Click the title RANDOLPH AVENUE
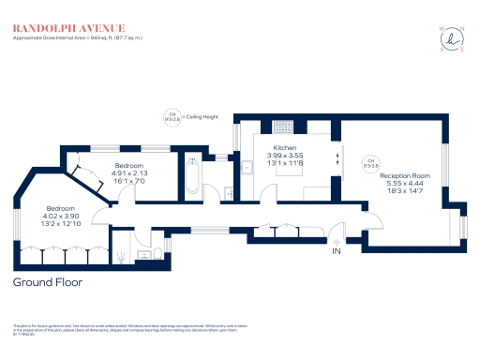[x=67, y=29]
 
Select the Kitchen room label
[x=285, y=149]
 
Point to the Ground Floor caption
[x=48, y=281]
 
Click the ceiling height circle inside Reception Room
[x=371, y=162]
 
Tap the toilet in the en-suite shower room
[x=122, y=252]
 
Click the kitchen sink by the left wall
[x=245, y=168]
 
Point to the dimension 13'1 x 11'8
[x=285, y=164]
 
